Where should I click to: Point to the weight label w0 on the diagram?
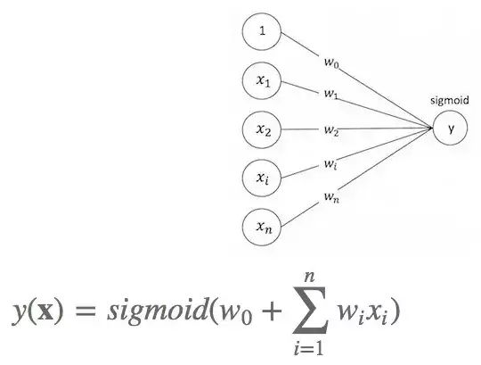click(x=331, y=62)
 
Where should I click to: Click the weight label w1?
click(x=330, y=94)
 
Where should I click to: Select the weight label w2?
click(x=331, y=130)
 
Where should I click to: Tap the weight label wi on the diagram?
click(x=330, y=164)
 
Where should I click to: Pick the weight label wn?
click(x=331, y=196)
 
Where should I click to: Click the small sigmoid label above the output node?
click(x=450, y=101)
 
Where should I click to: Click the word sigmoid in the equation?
click(x=158, y=311)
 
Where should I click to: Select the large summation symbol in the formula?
click(x=311, y=310)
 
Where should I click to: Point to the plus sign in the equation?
click(x=271, y=311)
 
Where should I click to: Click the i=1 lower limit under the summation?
click(x=308, y=348)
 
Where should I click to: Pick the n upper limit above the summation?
click(x=309, y=278)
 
